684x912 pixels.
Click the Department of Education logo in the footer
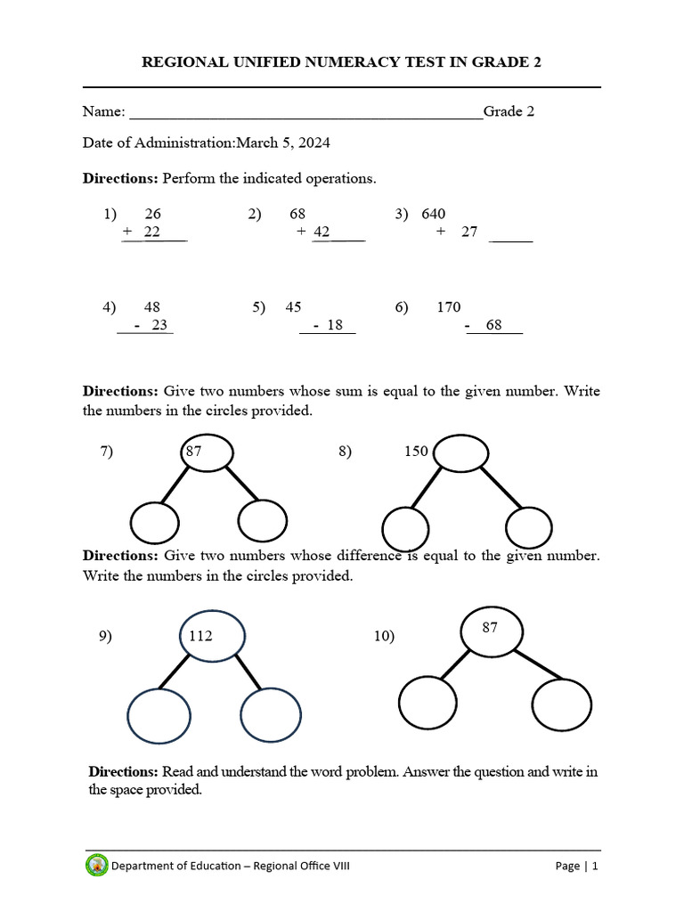[97, 866]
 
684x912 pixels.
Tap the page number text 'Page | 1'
[576, 866]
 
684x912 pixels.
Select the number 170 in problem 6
[449, 307]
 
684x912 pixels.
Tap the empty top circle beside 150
[460, 452]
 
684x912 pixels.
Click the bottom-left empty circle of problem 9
[159, 716]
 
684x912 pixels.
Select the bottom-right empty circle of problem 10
[562, 703]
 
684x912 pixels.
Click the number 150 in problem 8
[416, 452]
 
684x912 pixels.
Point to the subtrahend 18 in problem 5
[335, 325]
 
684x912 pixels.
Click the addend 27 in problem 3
[469, 232]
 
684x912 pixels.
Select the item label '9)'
[106, 636]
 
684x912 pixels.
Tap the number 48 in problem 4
[151, 307]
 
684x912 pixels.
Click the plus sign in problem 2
[302, 232]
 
